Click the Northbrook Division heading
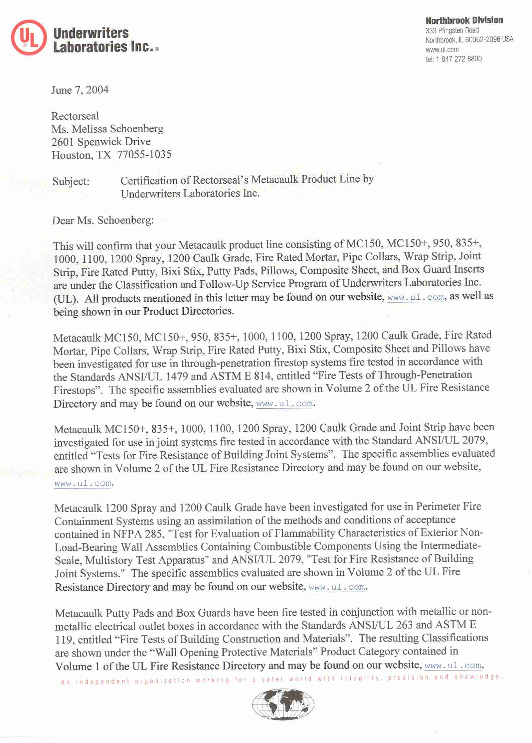[464, 20]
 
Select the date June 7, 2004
[80, 90]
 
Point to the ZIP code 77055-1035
[144, 155]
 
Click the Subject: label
[71, 181]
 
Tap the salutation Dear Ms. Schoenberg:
[103, 220]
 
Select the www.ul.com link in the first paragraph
[415, 297]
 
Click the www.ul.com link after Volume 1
[453, 666]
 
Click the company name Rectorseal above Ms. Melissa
[75, 116]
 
